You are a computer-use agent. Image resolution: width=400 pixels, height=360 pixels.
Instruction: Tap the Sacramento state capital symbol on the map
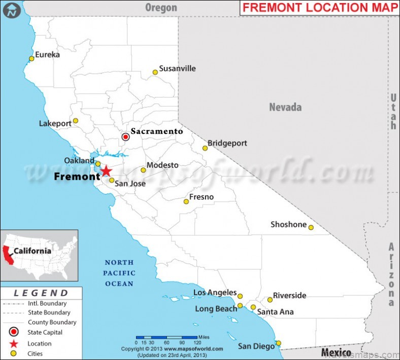click(126, 137)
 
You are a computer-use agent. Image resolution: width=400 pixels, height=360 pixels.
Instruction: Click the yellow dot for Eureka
click(31, 58)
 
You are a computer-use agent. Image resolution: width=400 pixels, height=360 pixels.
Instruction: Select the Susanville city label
click(177, 69)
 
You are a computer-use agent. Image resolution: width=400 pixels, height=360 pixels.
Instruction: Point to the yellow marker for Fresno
click(186, 202)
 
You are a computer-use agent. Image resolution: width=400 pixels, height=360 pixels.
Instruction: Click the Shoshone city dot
click(311, 227)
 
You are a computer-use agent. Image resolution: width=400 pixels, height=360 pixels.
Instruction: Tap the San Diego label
click(256, 346)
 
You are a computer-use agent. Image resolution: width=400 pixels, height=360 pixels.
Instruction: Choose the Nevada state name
click(285, 107)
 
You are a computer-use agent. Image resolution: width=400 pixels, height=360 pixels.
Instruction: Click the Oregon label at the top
click(161, 8)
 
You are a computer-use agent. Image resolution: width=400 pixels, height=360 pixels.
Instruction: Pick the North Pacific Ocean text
click(119, 273)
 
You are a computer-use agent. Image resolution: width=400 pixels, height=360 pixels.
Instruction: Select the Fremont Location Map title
click(319, 8)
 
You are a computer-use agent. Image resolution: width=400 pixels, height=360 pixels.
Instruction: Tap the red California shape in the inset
click(7, 253)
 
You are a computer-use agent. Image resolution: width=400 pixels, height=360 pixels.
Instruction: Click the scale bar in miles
click(167, 337)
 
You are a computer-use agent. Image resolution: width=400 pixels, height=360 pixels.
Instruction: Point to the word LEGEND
click(41, 293)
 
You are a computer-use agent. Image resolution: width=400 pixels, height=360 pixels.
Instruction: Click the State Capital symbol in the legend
click(14, 333)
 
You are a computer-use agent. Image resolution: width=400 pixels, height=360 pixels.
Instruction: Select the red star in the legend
click(14, 344)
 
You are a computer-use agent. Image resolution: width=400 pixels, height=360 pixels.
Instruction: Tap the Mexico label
click(336, 352)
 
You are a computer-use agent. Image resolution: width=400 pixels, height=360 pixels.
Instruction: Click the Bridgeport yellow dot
click(205, 148)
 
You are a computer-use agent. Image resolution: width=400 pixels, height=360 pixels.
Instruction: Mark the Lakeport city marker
click(76, 121)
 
